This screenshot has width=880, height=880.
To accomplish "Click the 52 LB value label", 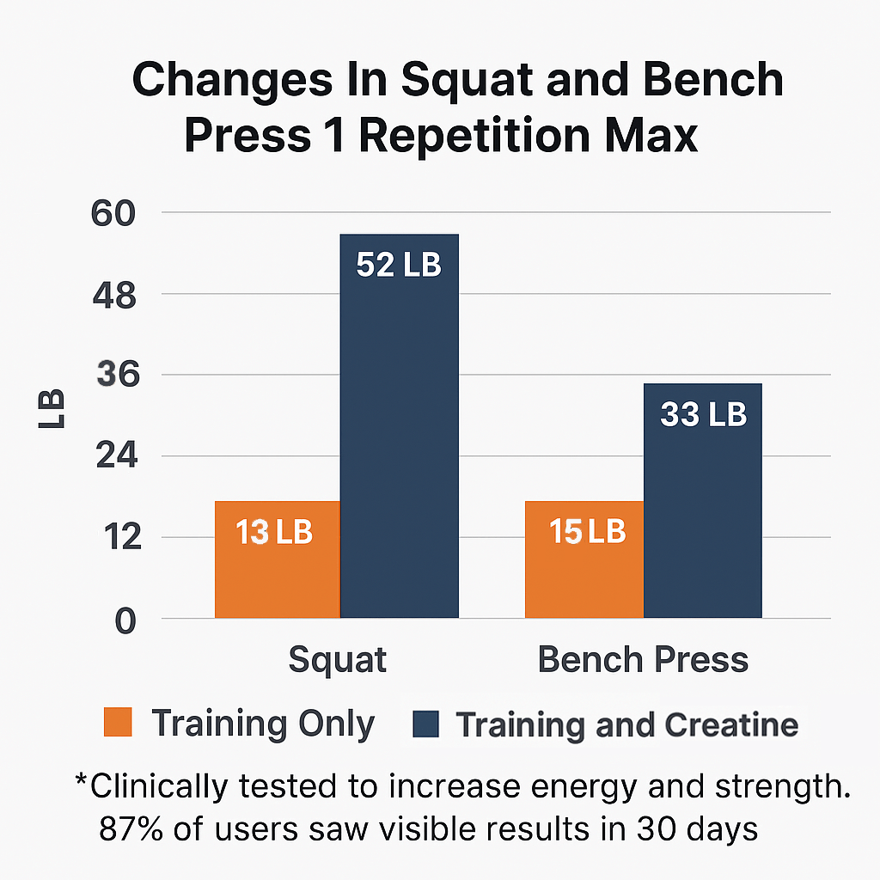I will pyautogui.click(x=398, y=266).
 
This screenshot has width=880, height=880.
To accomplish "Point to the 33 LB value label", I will pyautogui.click(x=703, y=415).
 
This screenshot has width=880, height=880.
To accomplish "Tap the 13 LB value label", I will pyautogui.click(x=274, y=533).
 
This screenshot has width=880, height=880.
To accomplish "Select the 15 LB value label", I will pyautogui.click(x=587, y=532).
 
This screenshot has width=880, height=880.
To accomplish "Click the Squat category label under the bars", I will pyautogui.click(x=337, y=660).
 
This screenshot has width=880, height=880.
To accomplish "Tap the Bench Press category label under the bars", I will pyautogui.click(x=643, y=660).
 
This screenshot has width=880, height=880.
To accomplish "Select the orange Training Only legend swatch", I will pyautogui.click(x=118, y=723).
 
